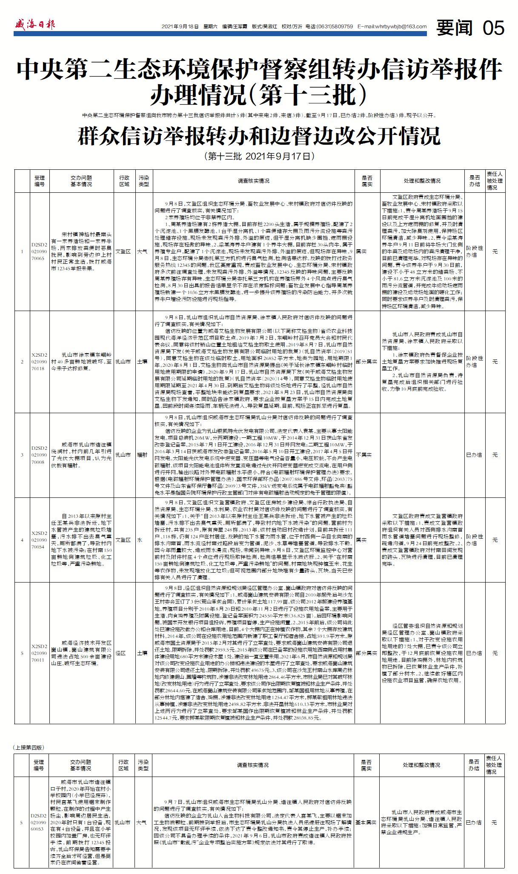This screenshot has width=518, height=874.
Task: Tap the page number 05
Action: tap(493, 28)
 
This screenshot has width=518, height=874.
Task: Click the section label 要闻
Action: tap(454, 28)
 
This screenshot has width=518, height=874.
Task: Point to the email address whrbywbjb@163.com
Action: tap(392, 26)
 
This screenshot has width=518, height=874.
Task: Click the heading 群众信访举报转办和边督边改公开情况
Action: tap(259, 136)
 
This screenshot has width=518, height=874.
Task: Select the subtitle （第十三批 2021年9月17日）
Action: tap(259, 156)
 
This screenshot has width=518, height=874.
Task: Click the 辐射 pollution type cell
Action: tap(143, 455)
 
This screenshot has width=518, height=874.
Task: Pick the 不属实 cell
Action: tap(364, 455)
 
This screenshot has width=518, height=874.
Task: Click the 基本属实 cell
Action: tap(366, 823)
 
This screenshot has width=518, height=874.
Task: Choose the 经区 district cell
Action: tap(120, 653)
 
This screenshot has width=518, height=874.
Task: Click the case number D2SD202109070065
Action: tap(40, 251)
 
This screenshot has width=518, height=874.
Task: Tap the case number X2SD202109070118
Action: tap(40, 361)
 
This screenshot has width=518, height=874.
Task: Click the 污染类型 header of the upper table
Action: tap(143, 181)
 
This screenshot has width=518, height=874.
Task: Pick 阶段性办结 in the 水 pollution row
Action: tap(474, 540)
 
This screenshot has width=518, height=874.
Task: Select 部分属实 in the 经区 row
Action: tap(366, 653)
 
